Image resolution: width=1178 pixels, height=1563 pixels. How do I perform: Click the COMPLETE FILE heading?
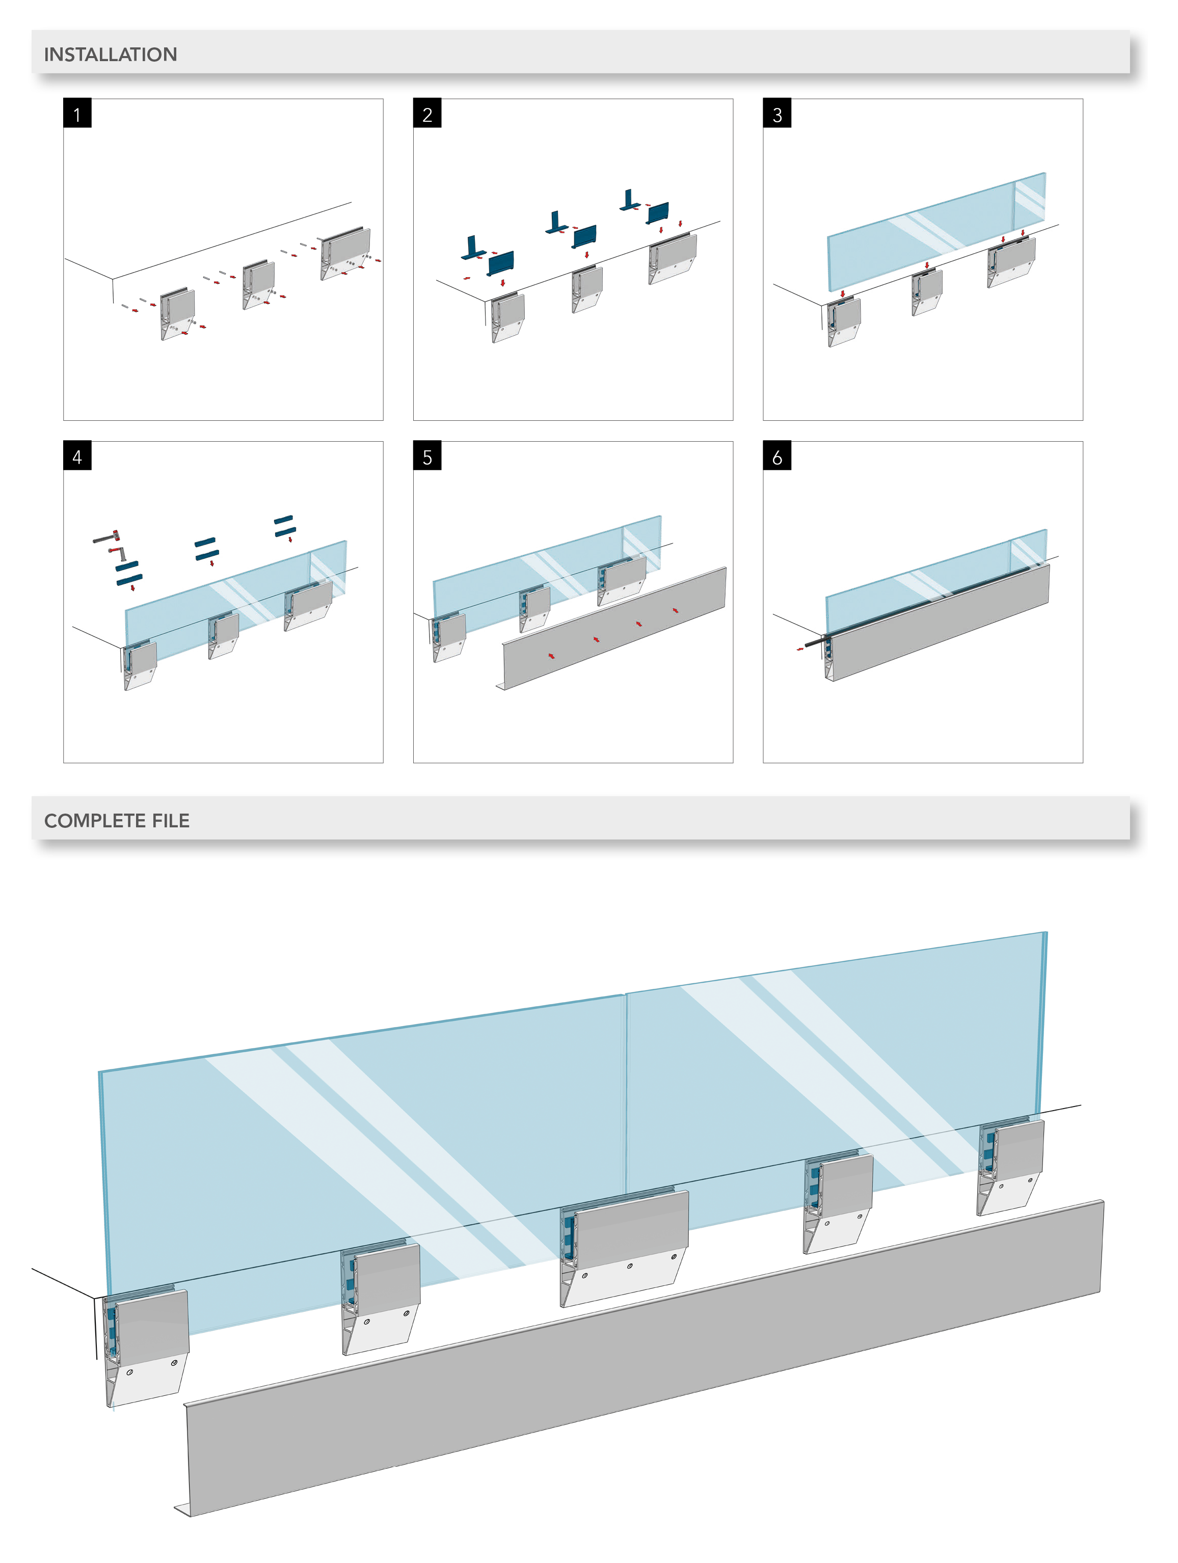click(x=117, y=820)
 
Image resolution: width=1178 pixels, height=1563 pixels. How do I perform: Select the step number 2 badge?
click(x=427, y=114)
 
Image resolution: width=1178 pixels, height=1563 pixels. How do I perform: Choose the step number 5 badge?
click(x=427, y=456)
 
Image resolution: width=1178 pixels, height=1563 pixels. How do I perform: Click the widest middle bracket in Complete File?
click(x=625, y=1247)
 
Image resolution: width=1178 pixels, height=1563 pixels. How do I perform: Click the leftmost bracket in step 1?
click(x=177, y=313)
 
